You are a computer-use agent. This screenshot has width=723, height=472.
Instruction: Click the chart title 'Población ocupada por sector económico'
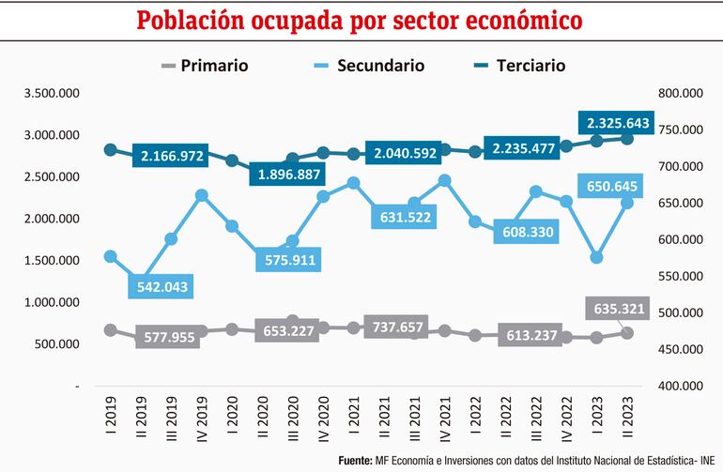point(361,21)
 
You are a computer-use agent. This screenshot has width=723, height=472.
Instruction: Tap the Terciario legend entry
point(518,66)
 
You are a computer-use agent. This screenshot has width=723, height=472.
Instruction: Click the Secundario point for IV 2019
point(202,195)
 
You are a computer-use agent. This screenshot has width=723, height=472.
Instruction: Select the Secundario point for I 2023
point(596,257)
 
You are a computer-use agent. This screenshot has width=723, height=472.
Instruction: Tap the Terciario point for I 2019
point(110,149)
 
